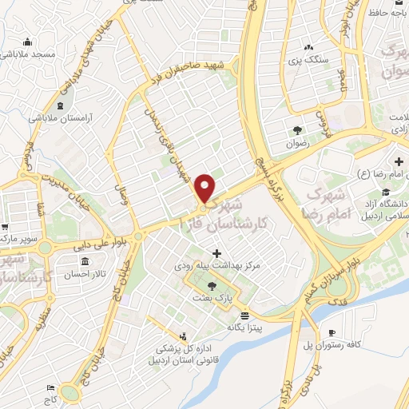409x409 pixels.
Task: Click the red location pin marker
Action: (205, 189)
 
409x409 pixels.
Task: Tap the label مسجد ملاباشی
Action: (27, 54)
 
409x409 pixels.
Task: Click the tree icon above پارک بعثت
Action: (212, 285)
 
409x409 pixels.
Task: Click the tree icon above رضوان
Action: (297, 131)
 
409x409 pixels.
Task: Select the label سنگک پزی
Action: (305, 61)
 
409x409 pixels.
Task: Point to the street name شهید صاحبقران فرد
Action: (195, 70)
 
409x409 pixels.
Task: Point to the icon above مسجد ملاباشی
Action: (28, 42)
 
